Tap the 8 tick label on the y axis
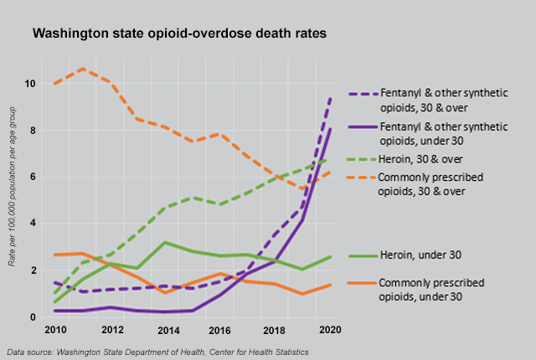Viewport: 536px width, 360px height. pos(31,131)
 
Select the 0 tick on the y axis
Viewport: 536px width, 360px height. pos(31,317)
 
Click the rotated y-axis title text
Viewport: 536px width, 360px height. pos(12,201)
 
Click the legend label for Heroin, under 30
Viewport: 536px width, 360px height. pos(421,255)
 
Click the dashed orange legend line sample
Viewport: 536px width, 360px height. pos(361,178)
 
